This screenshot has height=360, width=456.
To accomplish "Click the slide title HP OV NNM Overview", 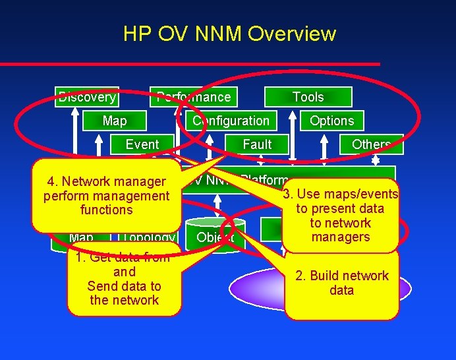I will point(229,34).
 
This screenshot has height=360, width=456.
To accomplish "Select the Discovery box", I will point(87,97).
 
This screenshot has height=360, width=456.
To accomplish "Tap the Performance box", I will point(194,97).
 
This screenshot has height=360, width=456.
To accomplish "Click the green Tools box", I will point(308,97).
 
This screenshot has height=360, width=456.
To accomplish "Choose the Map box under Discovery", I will point(115,121).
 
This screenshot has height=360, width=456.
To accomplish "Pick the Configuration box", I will point(231,121).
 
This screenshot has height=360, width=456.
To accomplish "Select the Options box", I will point(331,121).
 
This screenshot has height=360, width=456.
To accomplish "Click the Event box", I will point(142,144).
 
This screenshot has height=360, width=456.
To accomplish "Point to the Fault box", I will point(257,144).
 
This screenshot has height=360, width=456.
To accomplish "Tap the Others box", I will point(371,144).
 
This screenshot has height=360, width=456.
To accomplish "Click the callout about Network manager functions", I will point(106,195).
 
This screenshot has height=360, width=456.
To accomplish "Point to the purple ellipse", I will point(257,290).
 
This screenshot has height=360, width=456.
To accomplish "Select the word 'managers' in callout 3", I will point(341,237).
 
